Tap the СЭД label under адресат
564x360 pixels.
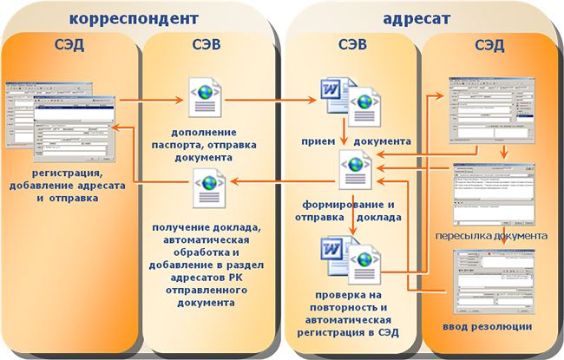[490, 44]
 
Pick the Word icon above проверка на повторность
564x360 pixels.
[335, 258]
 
